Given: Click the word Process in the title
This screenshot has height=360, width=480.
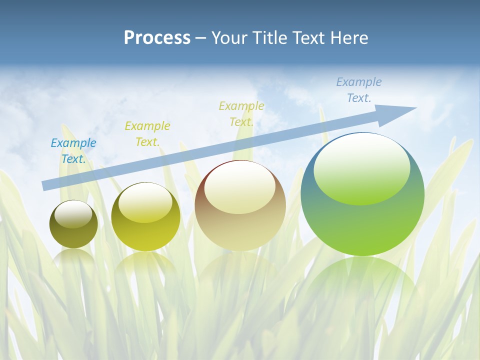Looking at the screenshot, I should (x=157, y=38).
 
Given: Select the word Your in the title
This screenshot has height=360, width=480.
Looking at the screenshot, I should (x=229, y=38).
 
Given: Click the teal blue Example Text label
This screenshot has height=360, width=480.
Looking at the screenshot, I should (x=73, y=151).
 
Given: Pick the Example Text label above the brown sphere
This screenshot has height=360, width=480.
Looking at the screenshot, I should (x=241, y=114).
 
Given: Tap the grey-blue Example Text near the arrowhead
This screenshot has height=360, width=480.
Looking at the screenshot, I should (x=359, y=90).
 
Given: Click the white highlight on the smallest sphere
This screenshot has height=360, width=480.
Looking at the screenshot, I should (x=73, y=214).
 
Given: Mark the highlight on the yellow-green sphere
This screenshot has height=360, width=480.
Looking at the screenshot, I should (x=145, y=203).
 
